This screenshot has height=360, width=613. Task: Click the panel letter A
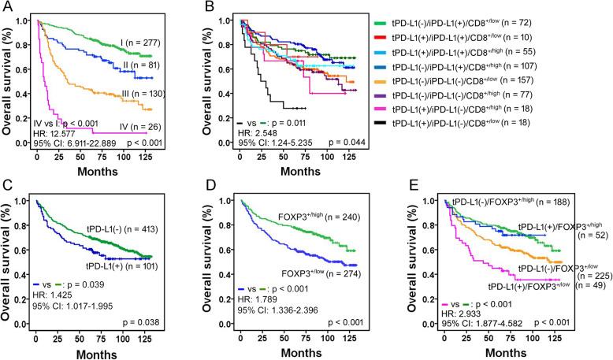(x=7, y=8)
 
